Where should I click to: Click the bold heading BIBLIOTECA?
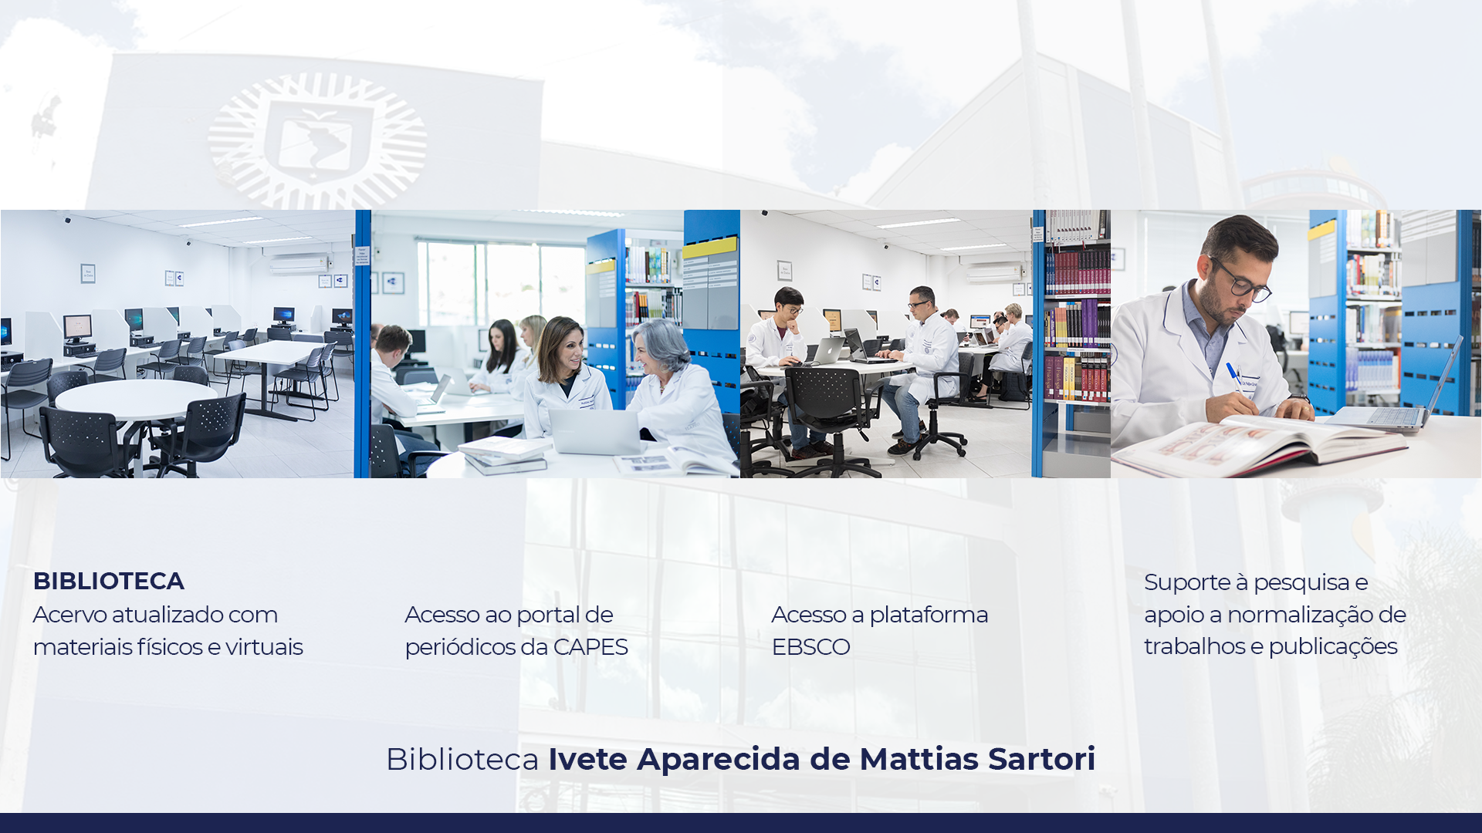click(109, 581)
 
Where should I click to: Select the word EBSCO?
click(810, 647)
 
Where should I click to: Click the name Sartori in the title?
click(1042, 759)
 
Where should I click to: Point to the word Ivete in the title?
click(587, 759)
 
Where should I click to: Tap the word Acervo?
click(69, 615)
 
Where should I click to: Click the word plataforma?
click(929, 615)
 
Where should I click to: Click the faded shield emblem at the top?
click(317, 141)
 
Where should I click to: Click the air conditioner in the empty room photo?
click(299, 265)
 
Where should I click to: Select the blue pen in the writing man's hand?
click(1233, 374)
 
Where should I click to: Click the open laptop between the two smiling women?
click(595, 431)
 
